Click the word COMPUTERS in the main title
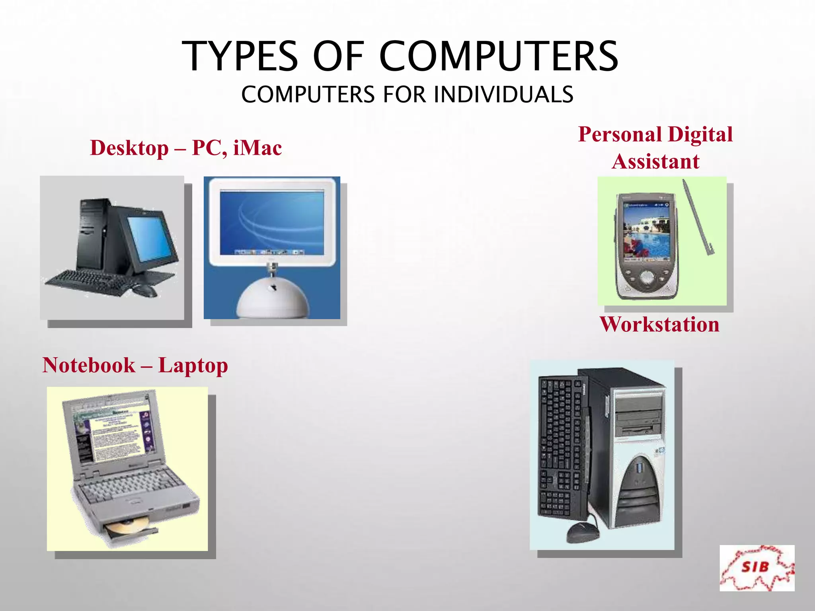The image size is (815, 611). click(499, 56)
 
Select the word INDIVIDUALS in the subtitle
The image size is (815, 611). click(503, 95)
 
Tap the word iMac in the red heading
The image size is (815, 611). click(257, 148)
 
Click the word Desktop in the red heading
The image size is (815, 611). click(129, 148)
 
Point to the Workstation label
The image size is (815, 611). click(659, 324)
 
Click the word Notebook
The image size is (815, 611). click(89, 365)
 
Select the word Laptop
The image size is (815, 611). click(193, 366)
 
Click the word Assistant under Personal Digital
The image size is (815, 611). click(655, 162)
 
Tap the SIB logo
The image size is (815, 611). click(757, 568)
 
